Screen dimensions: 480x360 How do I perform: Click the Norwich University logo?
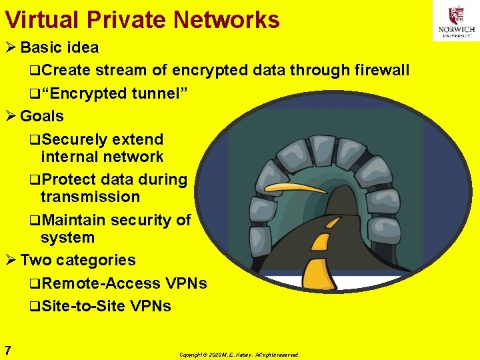(x=456, y=21)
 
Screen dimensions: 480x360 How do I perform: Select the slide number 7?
(x=7, y=350)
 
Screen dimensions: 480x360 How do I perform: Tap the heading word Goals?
(x=42, y=116)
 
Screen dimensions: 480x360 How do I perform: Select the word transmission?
(x=90, y=197)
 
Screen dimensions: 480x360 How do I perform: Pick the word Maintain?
(x=73, y=220)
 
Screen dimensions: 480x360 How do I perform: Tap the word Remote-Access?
(x=100, y=283)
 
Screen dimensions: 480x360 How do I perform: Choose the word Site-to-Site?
(x=83, y=307)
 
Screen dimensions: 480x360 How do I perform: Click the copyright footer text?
(x=239, y=355)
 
